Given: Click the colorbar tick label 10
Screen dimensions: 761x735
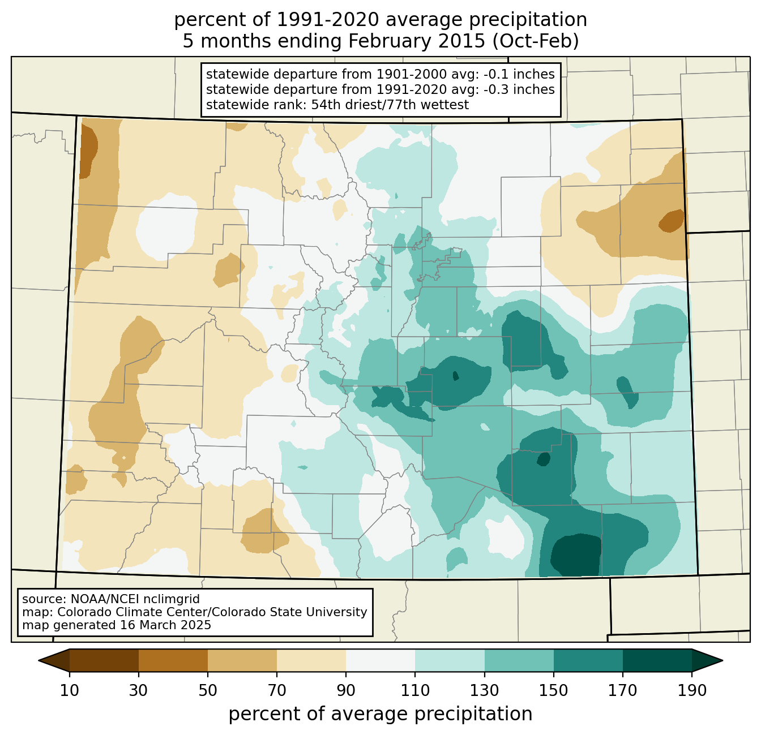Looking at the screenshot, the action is [69, 690].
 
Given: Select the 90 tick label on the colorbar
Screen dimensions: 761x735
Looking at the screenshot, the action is [346, 690].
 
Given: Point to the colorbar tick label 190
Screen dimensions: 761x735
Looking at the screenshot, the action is [692, 690].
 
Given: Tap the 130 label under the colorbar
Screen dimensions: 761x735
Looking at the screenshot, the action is [484, 690].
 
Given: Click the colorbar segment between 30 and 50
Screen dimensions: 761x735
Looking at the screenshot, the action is [173, 660].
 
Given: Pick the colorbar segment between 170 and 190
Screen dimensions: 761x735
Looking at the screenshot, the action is [657, 660].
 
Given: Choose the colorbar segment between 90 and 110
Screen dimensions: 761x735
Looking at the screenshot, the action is [380, 660].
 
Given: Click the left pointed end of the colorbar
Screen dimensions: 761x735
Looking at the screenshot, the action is [39, 660].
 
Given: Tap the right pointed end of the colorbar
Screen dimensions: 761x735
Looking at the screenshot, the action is [722, 660].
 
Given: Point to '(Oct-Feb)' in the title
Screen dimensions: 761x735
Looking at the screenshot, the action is [535, 41].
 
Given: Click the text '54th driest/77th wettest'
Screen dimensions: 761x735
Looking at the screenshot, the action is [390, 105].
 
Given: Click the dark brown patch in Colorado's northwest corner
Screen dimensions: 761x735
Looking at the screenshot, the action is [88, 152].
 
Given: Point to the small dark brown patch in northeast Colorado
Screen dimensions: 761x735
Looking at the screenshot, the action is [672, 221].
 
